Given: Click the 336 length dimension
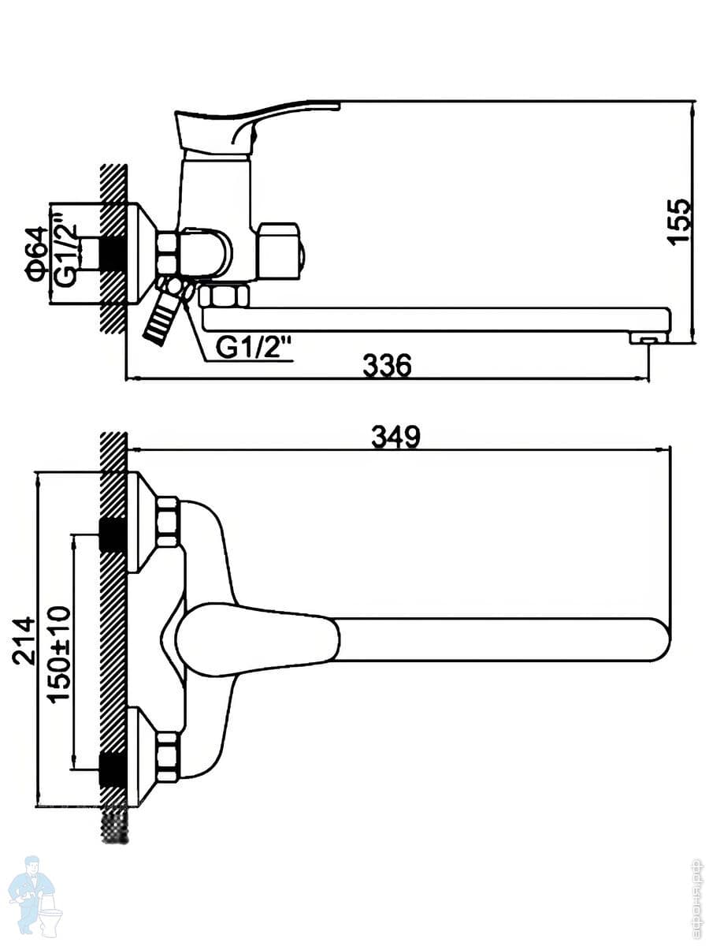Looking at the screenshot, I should coord(388,366).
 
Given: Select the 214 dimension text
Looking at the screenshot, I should coord(25,641).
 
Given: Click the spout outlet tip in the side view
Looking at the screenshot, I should coord(648,338).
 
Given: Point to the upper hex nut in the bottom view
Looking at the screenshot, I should coord(168,522).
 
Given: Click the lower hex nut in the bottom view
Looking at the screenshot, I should coord(168,757).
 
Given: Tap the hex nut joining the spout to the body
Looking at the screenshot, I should coord(224,297).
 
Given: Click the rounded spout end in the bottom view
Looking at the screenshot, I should coord(654,639).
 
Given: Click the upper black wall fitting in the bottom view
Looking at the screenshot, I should coord(112,536).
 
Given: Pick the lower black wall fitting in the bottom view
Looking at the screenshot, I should coord(112,769).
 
